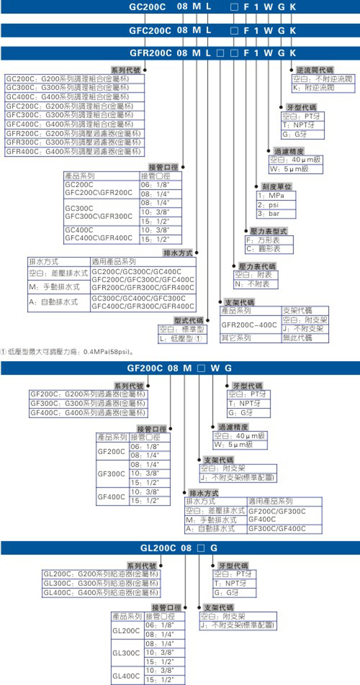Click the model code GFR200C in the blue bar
click(x=149, y=53)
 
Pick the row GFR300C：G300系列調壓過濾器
click(x=74, y=143)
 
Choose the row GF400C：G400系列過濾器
click(x=87, y=413)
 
